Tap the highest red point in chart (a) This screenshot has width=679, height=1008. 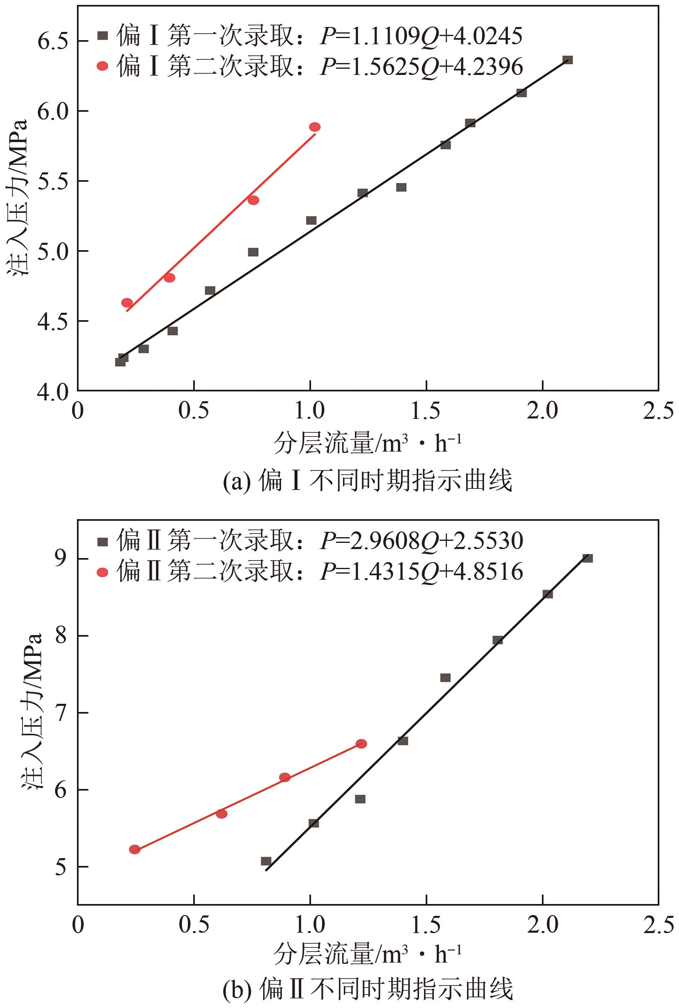coord(315,127)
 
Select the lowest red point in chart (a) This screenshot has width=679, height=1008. coord(127,302)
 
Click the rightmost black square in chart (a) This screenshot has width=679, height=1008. coord(568,60)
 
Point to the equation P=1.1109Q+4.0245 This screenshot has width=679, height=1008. coord(421,36)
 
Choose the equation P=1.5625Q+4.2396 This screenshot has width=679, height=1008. coord(421,67)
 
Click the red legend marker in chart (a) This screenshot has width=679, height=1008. coord(103,66)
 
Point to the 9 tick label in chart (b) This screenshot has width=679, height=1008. coord(60,559)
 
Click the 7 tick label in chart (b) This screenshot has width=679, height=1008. coord(60,713)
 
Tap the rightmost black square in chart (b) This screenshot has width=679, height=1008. coord(587,558)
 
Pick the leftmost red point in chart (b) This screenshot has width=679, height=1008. coord(135,850)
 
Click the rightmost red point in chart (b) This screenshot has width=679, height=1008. coord(361,744)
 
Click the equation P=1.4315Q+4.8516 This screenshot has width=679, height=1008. coord(421,572)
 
